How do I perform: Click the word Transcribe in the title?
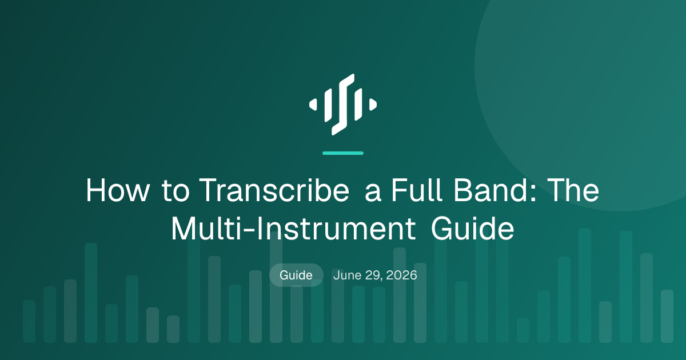coord(274,190)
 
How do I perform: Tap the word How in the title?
coord(117,190)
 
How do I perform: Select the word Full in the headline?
coord(417,190)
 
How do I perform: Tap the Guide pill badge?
coord(296,275)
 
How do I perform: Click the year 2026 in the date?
coord(401,275)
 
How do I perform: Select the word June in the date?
coord(348,275)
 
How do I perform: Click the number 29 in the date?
coord(373,275)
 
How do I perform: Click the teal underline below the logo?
coord(343,153)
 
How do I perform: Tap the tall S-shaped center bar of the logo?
coord(343,105)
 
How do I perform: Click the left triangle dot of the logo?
coord(313,105)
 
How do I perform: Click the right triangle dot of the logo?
coord(373,105)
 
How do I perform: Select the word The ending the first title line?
coord(573,190)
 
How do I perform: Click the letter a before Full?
coord(373,194)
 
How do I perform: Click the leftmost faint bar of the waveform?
coord(29,321)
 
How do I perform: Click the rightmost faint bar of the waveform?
coord(667,316)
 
